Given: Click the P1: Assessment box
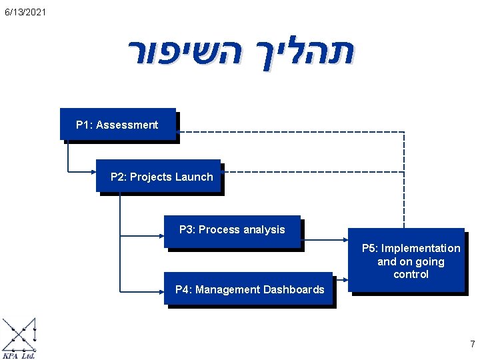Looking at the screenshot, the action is click(118, 125).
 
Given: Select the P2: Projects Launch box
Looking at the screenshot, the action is click(159, 177).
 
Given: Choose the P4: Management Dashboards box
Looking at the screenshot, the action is click(249, 289).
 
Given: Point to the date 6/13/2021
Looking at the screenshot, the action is click(25, 12).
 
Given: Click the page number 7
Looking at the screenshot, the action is click(472, 344).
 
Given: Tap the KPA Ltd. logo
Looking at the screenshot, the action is click(19, 339).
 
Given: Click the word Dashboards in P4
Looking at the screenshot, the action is click(294, 289).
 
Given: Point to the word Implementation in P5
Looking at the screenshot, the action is click(421, 248).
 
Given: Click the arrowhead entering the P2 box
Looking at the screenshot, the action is click(93, 171).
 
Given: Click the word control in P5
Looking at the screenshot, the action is click(411, 274).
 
